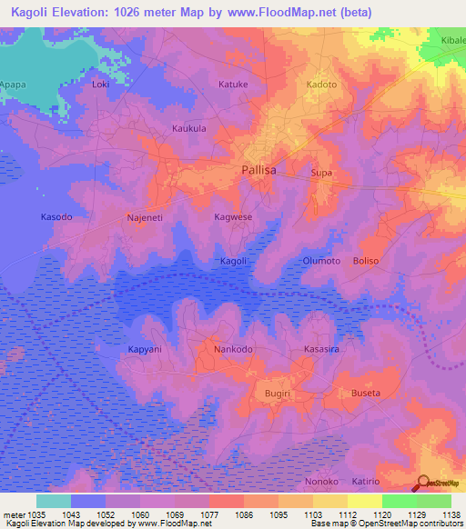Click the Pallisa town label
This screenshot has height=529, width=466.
261,170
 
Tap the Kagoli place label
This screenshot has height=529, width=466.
234,262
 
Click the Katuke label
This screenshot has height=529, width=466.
233,85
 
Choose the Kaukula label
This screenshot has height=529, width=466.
189,129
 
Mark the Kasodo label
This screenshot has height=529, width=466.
56,218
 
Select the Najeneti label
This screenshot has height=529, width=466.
144,218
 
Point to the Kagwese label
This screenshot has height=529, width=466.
233,218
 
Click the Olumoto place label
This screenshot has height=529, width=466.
321,261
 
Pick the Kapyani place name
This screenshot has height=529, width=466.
145,349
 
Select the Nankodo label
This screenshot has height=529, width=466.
233,349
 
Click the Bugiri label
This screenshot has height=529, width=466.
277,393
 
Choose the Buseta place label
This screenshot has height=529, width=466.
365,393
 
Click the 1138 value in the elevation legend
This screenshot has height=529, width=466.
450,514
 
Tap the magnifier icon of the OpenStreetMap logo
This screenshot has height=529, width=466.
424,482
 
